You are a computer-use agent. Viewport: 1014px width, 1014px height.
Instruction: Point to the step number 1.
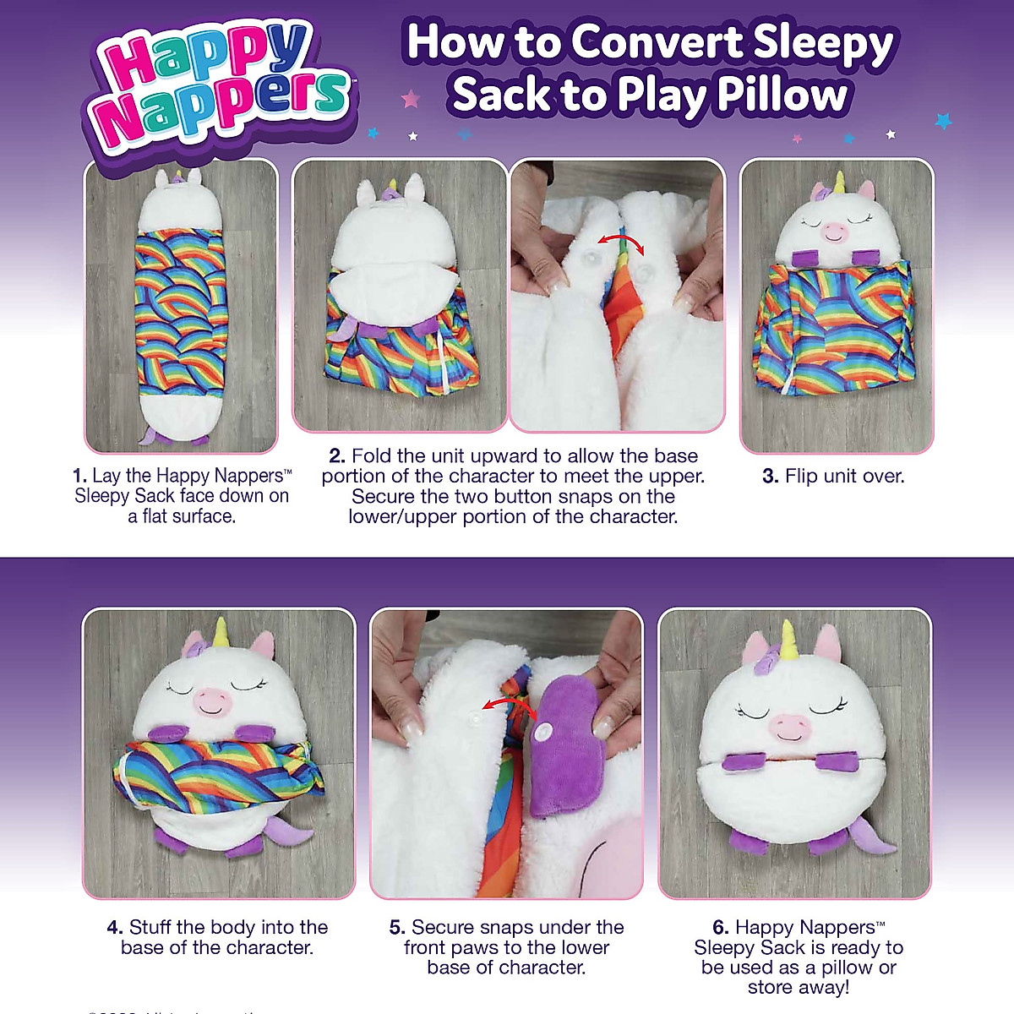(79, 477)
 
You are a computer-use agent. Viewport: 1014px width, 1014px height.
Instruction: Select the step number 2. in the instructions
(337, 456)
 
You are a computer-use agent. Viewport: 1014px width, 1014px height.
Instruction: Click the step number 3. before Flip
(770, 477)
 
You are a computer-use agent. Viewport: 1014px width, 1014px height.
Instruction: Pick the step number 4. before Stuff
(115, 928)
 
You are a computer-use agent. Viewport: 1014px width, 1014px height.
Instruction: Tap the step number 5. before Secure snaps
(397, 928)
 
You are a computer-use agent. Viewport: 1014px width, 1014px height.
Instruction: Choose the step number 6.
(721, 928)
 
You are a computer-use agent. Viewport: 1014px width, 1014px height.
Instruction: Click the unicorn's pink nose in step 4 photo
(211, 699)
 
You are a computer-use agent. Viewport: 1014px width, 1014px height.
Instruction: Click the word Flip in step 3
(801, 477)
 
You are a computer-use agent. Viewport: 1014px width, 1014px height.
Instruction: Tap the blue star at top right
(943, 121)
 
